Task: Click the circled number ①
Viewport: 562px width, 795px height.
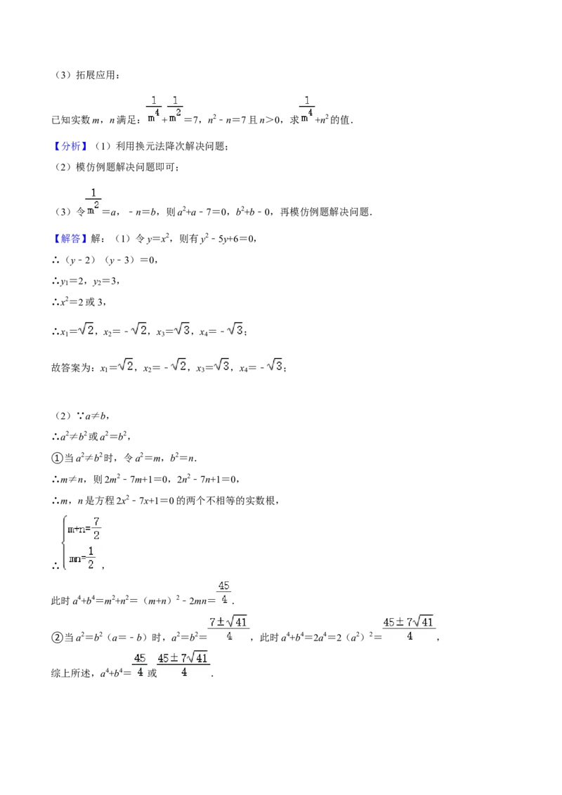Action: click(x=57, y=459)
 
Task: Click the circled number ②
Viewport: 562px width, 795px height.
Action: click(x=57, y=637)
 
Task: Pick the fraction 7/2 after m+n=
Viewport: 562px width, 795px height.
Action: click(x=96, y=528)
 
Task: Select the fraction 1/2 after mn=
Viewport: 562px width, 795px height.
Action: click(x=91, y=558)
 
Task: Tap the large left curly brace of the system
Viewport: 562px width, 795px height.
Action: click(x=64, y=543)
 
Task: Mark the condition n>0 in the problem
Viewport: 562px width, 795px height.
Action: click(x=269, y=120)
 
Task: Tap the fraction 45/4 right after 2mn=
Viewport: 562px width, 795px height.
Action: click(x=223, y=593)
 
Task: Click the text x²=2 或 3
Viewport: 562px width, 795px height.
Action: click(x=82, y=302)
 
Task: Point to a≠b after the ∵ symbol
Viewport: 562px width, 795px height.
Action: click(x=96, y=416)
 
